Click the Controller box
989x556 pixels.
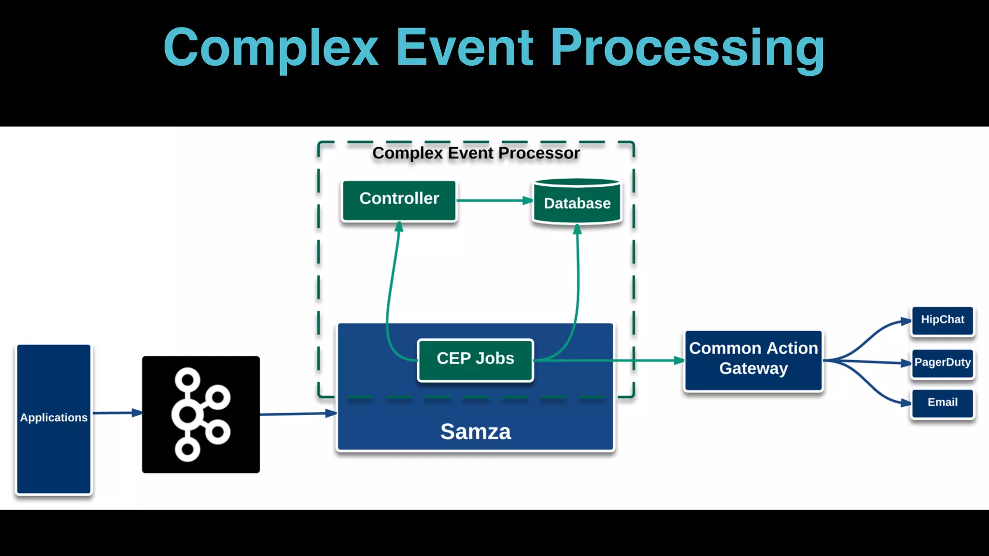click(x=399, y=200)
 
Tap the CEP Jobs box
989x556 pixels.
click(x=475, y=359)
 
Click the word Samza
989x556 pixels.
click(x=475, y=431)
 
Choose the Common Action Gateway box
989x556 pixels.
click(x=753, y=360)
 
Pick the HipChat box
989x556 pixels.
click(x=942, y=320)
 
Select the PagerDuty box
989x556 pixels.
click(x=942, y=363)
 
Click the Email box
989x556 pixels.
click(x=942, y=403)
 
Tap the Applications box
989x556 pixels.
click(x=54, y=418)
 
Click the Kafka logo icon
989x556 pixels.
click(x=201, y=414)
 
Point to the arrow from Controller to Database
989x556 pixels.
click(x=493, y=200)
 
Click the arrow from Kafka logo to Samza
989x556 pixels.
click(x=297, y=414)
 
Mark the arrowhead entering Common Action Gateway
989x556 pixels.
click(x=678, y=360)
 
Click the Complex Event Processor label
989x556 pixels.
click(x=476, y=153)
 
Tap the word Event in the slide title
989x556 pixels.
click(x=464, y=48)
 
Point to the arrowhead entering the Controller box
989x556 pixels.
click(x=399, y=227)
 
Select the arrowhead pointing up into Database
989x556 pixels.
click(x=577, y=229)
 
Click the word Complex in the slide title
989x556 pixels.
click(x=271, y=48)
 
